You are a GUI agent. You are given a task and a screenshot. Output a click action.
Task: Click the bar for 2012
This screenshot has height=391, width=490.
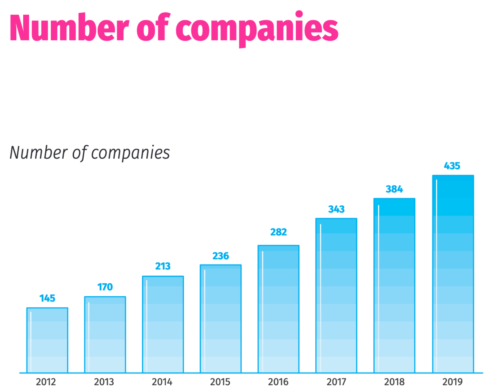pyautogui.click(x=47, y=340)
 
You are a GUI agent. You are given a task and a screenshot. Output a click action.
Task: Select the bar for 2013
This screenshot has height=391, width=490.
pyautogui.click(x=105, y=335)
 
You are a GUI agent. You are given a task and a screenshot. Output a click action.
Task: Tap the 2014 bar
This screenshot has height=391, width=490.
pyautogui.click(x=163, y=324)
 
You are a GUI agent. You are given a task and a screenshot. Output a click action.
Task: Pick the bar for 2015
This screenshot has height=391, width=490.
pyautogui.click(x=220, y=319)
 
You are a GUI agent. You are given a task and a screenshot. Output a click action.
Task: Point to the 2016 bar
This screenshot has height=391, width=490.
pyautogui.click(x=278, y=309)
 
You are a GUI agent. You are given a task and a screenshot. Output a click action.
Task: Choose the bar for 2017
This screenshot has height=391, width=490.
pyautogui.click(x=336, y=295)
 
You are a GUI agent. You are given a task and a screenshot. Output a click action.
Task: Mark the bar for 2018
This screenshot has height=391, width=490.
pyautogui.click(x=394, y=286)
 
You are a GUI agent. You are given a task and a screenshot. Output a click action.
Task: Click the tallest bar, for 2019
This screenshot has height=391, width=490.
pyautogui.click(x=453, y=274)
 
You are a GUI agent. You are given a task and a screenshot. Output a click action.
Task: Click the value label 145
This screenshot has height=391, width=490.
pyautogui.click(x=47, y=298)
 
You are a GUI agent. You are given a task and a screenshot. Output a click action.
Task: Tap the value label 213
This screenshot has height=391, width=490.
pyautogui.click(x=163, y=267)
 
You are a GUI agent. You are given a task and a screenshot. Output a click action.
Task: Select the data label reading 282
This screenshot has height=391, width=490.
pyautogui.click(x=278, y=232)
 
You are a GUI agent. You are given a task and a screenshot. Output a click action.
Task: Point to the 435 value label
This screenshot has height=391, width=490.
pyautogui.click(x=452, y=166)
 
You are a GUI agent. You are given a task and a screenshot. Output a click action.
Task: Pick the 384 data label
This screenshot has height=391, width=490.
pyautogui.click(x=394, y=189)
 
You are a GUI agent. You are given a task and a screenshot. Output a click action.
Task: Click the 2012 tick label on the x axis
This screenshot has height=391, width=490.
pyautogui.click(x=46, y=382)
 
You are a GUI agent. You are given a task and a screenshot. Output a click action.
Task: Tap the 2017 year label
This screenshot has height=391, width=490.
pyautogui.click(x=336, y=382)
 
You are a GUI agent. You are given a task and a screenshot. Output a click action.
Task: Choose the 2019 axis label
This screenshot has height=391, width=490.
pyautogui.click(x=452, y=382)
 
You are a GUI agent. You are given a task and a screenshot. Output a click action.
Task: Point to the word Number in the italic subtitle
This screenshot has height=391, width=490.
pyautogui.click(x=39, y=153)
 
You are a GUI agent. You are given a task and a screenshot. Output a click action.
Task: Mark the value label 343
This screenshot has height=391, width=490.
pyautogui.click(x=336, y=209)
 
